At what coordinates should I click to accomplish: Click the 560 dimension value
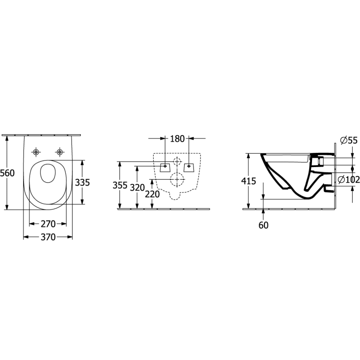point(7,173)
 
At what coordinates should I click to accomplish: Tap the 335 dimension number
point(82,183)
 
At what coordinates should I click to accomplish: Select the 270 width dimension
point(48,224)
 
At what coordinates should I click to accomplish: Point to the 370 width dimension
point(48,237)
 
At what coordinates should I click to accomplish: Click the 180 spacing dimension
point(177,139)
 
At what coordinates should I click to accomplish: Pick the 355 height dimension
point(120,185)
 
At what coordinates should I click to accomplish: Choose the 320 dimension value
point(137,188)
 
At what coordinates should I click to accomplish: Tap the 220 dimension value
point(152,194)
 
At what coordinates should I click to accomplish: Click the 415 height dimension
point(249,181)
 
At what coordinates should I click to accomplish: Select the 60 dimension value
point(264,225)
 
